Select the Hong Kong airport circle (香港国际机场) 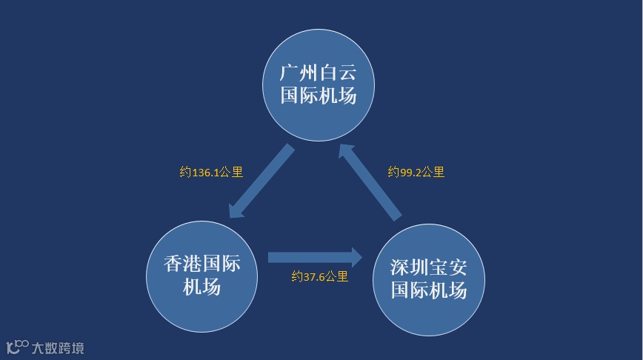pyautogui.click(x=201, y=276)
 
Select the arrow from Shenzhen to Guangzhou pyautogui.click(x=370, y=182)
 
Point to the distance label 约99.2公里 pyautogui.click(x=416, y=173)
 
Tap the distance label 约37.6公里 pyautogui.click(x=319, y=277)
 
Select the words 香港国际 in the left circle pyautogui.click(x=201, y=264)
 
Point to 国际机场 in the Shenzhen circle pyautogui.click(x=429, y=290)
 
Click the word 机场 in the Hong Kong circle pyautogui.click(x=201, y=287)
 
